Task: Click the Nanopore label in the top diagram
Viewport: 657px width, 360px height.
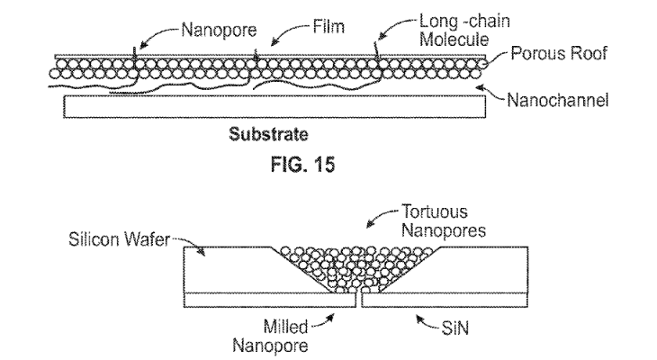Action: point(219,31)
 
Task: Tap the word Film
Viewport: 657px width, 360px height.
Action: point(328,27)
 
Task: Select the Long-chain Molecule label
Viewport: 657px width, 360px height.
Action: point(464,31)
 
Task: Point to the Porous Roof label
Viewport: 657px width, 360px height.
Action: point(559,54)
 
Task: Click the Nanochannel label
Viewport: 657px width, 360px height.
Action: point(558,101)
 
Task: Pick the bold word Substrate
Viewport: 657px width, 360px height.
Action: point(268,134)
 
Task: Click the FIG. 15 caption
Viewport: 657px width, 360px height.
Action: point(302,165)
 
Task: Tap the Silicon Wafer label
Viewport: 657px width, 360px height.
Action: point(119,239)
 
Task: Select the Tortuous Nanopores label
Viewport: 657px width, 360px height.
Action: point(444,220)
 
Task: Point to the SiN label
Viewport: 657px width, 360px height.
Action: point(455,328)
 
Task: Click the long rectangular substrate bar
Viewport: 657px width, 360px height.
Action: point(274,106)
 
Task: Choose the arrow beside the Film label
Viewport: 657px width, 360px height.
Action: point(288,32)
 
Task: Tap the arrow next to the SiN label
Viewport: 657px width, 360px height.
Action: point(427,323)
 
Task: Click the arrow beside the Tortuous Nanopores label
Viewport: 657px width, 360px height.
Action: point(381,216)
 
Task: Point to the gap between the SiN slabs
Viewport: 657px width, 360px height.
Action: point(359,300)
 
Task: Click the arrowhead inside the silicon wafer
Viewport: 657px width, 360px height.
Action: point(202,252)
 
